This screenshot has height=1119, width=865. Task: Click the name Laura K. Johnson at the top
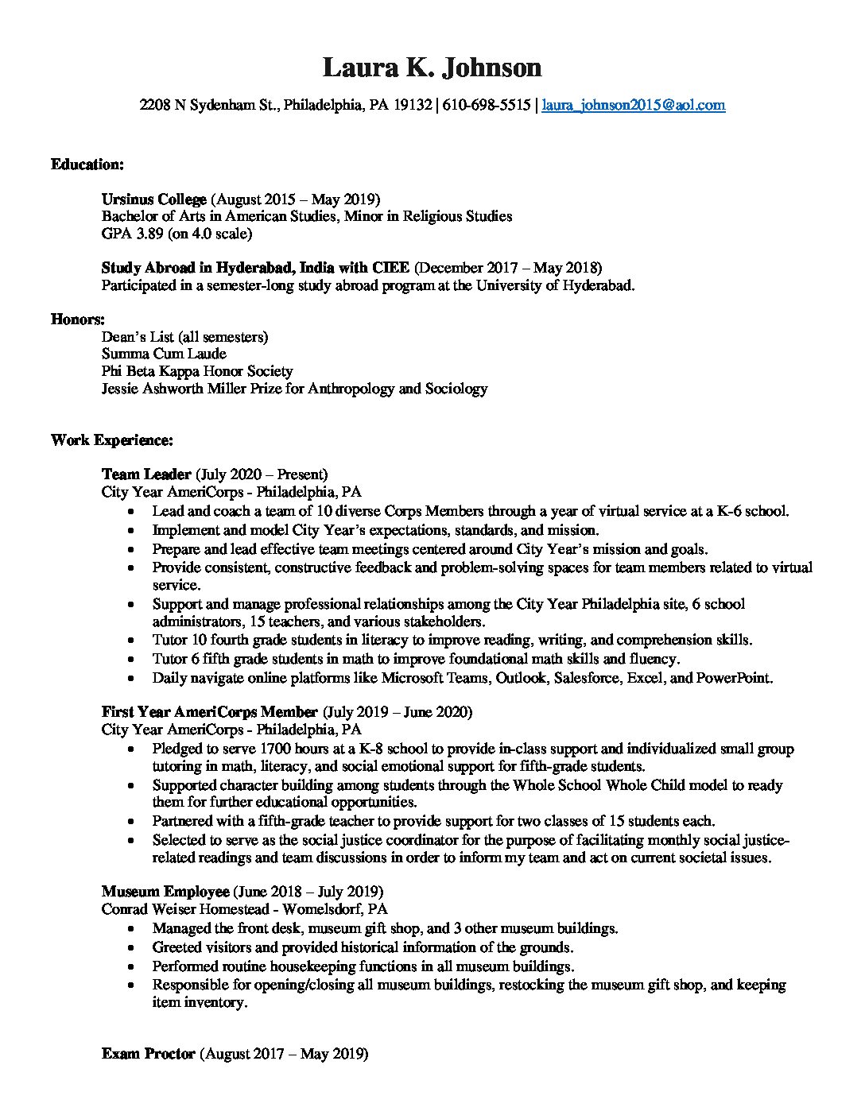pyautogui.click(x=432, y=68)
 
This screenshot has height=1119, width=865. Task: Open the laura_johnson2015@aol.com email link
pyautogui.click(x=634, y=105)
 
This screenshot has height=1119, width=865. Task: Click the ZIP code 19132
pyautogui.click(x=413, y=105)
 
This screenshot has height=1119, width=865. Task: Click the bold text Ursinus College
pyautogui.click(x=154, y=199)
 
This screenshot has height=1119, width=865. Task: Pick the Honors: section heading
pyautogui.click(x=78, y=319)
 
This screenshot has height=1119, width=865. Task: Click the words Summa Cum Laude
pyautogui.click(x=164, y=354)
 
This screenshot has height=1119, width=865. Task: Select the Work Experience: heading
pyautogui.click(x=112, y=439)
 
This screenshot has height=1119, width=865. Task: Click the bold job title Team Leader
pyautogui.click(x=146, y=474)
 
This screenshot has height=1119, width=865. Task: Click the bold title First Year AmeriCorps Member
pyautogui.click(x=210, y=711)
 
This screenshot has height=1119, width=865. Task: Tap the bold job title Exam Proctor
pyautogui.click(x=149, y=1055)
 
